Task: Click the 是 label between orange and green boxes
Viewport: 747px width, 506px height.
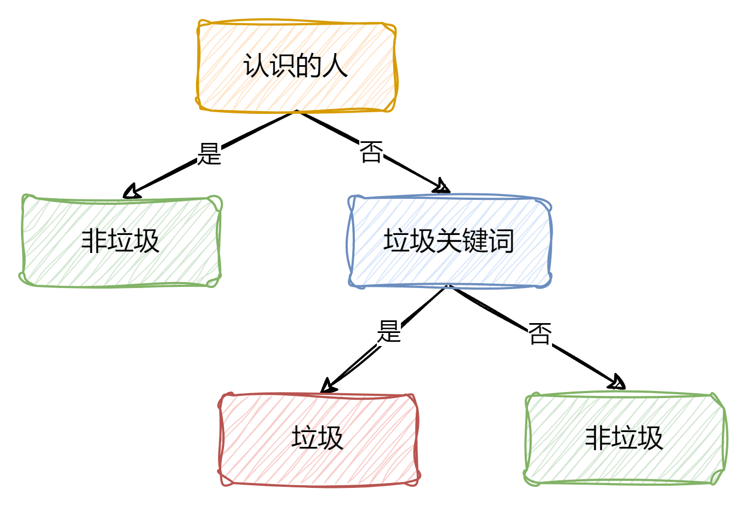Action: (x=209, y=154)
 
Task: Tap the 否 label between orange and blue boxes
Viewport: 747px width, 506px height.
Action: (x=371, y=152)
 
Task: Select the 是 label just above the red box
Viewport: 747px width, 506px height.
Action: (x=389, y=331)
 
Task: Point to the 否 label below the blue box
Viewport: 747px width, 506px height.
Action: (x=540, y=334)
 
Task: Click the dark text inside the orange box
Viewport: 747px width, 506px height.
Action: (x=296, y=66)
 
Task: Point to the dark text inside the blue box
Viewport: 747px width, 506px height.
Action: (x=449, y=241)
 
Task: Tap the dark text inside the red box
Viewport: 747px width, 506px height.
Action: (x=319, y=438)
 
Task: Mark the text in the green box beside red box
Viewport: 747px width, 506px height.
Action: (x=625, y=438)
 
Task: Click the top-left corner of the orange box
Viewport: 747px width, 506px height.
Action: (x=199, y=24)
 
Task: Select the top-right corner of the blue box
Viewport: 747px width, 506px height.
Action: (x=549, y=198)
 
